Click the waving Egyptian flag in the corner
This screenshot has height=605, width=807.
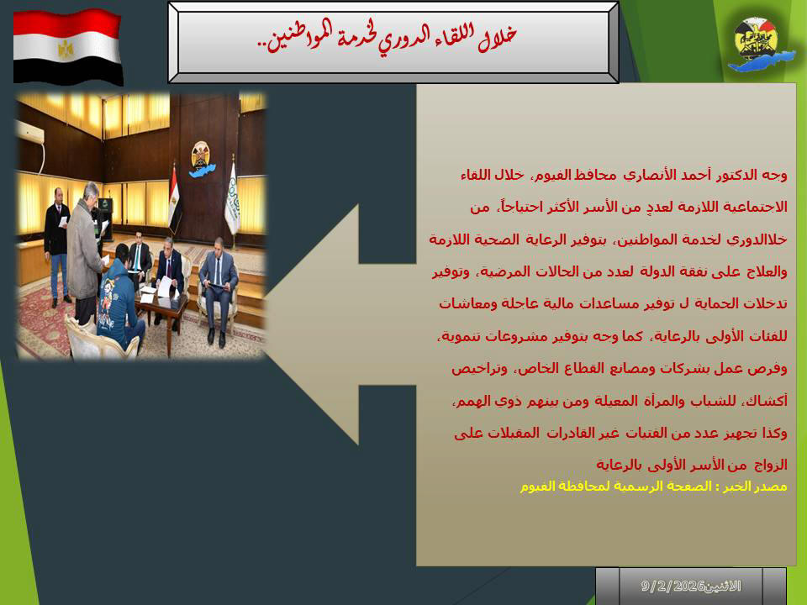point(67,46)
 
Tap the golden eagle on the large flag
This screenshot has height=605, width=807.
point(66,50)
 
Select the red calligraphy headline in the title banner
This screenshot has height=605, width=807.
point(387,37)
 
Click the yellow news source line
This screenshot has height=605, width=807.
point(653,487)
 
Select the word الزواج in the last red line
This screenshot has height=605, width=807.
point(770,465)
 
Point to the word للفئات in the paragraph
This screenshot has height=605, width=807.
point(769,336)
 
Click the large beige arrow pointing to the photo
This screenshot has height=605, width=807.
point(340,324)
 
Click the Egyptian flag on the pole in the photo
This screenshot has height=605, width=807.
point(175,198)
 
